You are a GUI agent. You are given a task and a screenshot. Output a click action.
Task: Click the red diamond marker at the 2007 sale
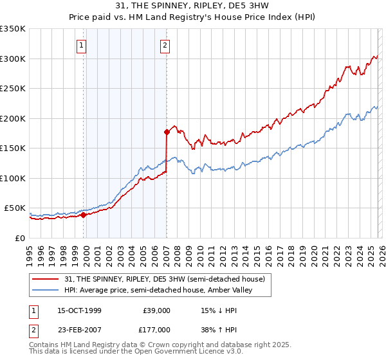point(167,132)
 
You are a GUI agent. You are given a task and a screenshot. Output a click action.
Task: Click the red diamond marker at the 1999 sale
point(84,215)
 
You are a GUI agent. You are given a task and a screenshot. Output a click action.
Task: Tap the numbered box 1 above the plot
point(82,45)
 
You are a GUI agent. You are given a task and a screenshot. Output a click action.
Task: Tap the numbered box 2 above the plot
point(165,45)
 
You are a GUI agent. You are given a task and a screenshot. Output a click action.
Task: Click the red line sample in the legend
point(46,279)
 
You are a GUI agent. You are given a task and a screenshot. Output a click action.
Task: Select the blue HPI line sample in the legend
point(46,290)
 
